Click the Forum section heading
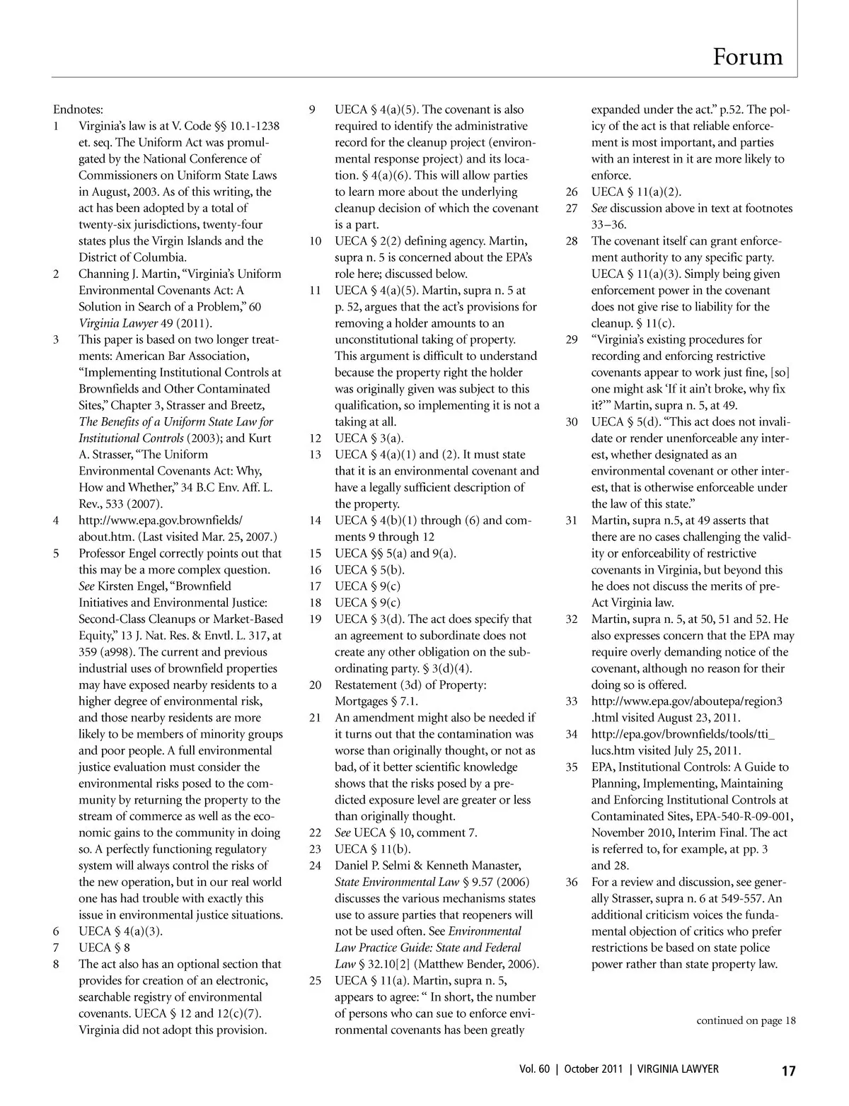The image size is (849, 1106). (x=748, y=57)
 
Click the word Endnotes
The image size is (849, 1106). (x=78, y=110)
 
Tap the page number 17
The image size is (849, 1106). (x=788, y=1071)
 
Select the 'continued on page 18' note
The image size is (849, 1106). (x=746, y=1020)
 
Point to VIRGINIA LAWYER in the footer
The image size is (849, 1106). (x=677, y=1069)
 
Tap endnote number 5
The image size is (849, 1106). (x=57, y=553)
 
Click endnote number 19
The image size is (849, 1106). (x=316, y=619)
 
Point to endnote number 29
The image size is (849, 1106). (x=572, y=339)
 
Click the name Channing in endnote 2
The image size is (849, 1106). (x=103, y=274)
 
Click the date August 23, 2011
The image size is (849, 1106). (x=691, y=718)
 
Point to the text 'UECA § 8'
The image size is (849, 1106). (x=104, y=948)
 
